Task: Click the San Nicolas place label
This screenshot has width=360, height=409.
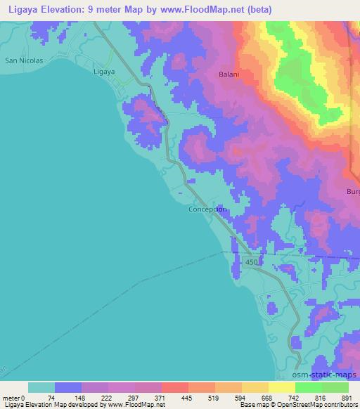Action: pyautogui.click(x=24, y=60)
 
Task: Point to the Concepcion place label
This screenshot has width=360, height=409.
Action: pyautogui.click(x=207, y=209)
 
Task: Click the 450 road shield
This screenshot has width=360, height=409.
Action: pyautogui.click(x=252, y=262)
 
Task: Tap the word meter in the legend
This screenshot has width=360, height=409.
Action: pyautogui.click(x=11, y=398)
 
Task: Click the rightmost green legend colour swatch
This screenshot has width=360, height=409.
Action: pyautogui.click(x=335, y=387)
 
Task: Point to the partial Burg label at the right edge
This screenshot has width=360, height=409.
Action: pyautogui.click(x=353, y=191)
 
